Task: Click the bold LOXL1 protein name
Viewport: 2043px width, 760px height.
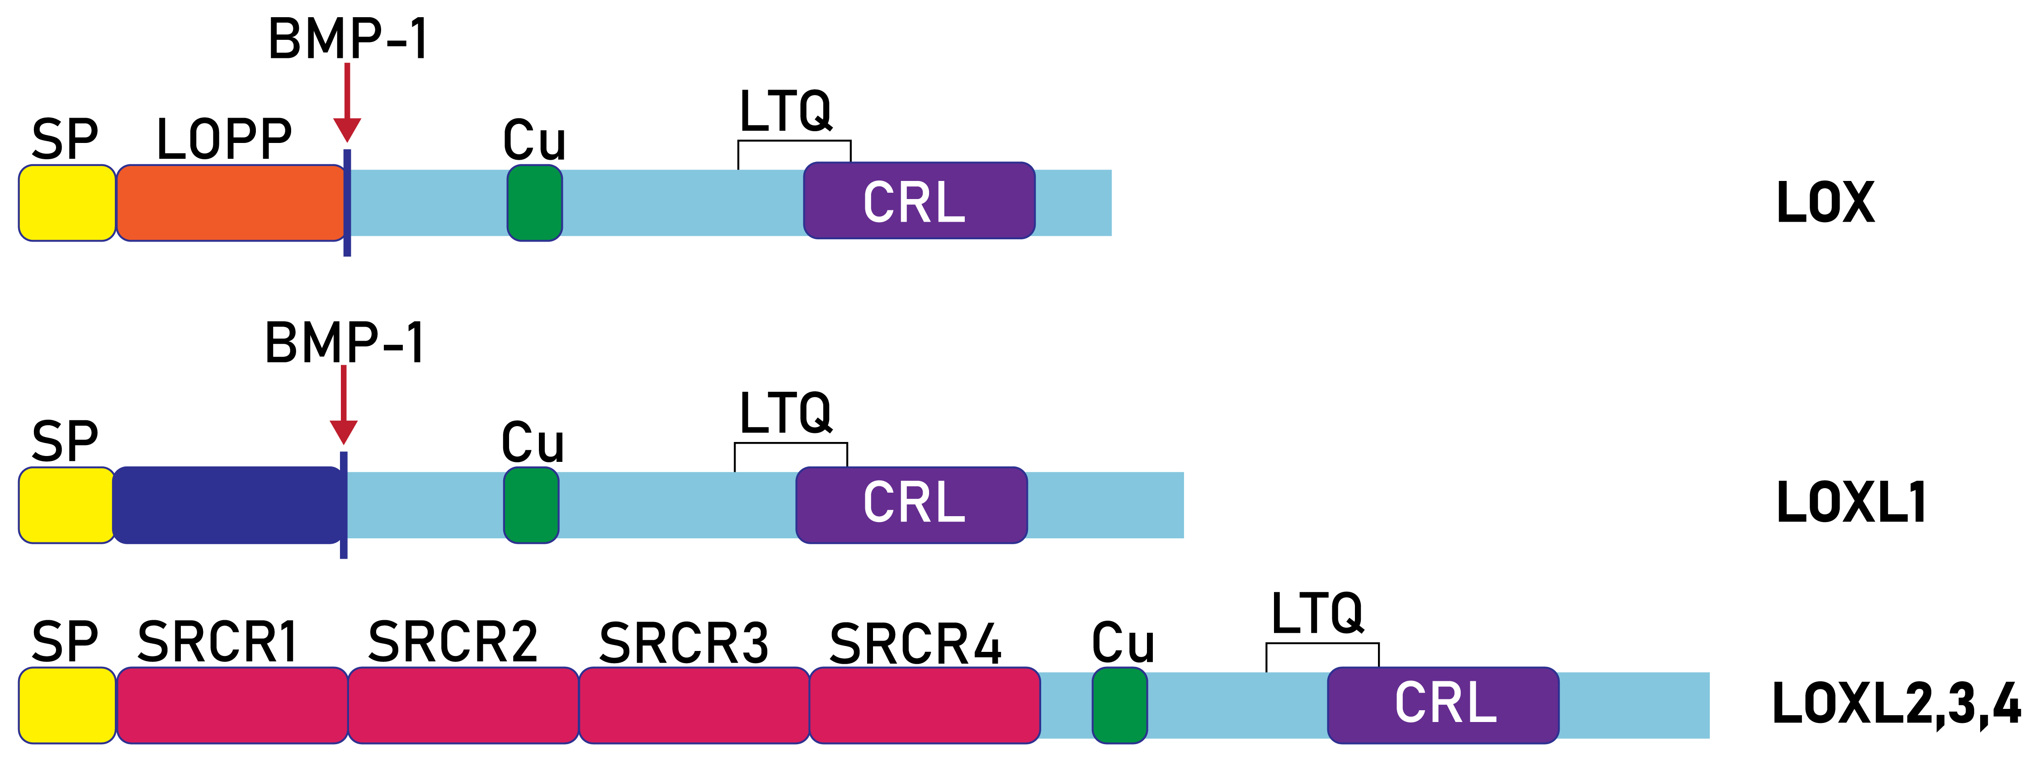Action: [x=1851, y=503]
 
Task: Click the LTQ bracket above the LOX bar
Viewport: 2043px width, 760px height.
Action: [x=794, y=143]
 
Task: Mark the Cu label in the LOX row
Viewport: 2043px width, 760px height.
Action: [x=534, y=141]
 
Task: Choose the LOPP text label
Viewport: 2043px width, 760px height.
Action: [x=224, y=140]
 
